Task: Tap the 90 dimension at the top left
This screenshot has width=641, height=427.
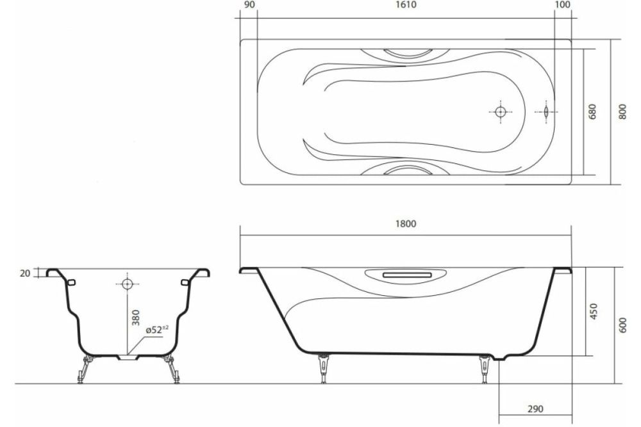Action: [x=249, y=6]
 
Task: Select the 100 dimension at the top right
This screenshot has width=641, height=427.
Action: [x=562, y=6]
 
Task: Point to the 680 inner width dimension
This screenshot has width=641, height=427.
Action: [x=593, y=112]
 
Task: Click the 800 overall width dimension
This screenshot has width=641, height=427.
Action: [x=621, y=112]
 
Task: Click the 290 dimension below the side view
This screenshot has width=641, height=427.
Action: [x=535, y=408]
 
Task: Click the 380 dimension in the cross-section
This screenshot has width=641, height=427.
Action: [x=135, y=318]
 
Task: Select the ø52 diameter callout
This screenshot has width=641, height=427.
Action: [x=156, y=329]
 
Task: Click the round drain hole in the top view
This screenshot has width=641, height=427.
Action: [x=500, y=111]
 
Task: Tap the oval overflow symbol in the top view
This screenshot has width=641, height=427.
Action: [x=545, y=111]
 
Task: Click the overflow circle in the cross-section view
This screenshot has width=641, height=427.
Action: [x=126, y=283]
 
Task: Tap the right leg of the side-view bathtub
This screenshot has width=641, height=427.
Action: [x=485, y=369]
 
